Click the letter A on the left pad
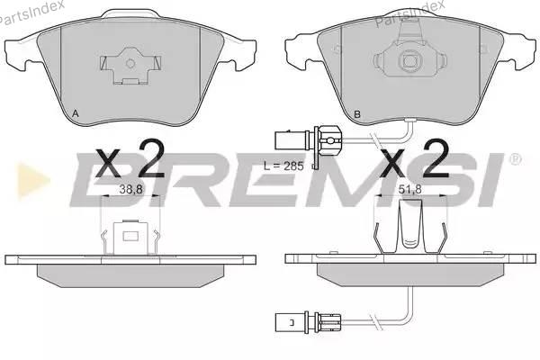tap(76, 113)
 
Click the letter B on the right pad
tap(357, 114)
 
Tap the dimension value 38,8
tap(130, 189)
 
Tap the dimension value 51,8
tap(409, 189)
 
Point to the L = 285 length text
tap(283, 166)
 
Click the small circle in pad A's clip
tap(130, 63)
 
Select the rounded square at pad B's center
tap(409, 61)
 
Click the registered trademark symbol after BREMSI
tap(515, 158)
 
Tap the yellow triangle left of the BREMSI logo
tap(33, 180)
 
